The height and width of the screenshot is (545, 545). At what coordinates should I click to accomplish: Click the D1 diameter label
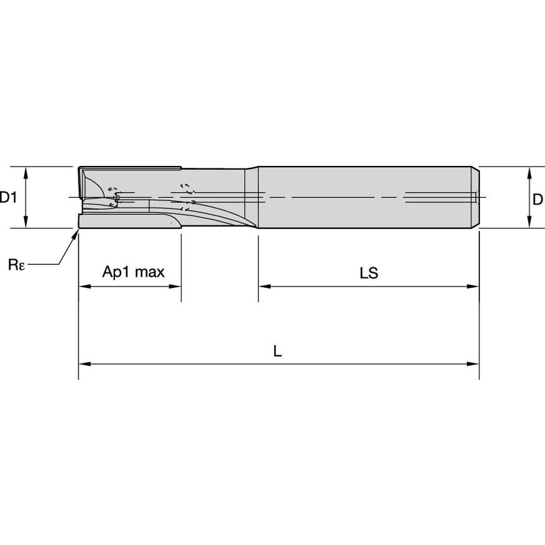point(8,198)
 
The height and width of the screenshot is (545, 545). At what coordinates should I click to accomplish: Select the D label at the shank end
point(537,200)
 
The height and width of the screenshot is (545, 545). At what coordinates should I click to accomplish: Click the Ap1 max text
point(133,272)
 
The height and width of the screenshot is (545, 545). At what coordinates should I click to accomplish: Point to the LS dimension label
point(368,274)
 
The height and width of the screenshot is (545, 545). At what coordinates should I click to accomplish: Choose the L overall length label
point(277,352)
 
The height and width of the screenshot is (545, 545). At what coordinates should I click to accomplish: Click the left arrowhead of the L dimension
point(84,364)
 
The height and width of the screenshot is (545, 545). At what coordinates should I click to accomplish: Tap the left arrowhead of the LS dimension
point(264,287)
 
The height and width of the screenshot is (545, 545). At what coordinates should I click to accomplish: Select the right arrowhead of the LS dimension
point(474,287)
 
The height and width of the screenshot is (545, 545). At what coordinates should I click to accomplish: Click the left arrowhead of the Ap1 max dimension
point(84,287)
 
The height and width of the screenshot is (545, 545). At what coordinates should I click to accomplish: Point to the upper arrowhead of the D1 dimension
point(25,172)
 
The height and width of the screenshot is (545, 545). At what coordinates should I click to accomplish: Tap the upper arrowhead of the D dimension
point(529,172)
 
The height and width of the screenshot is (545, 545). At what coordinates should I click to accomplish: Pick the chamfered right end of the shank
point(476,197)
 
